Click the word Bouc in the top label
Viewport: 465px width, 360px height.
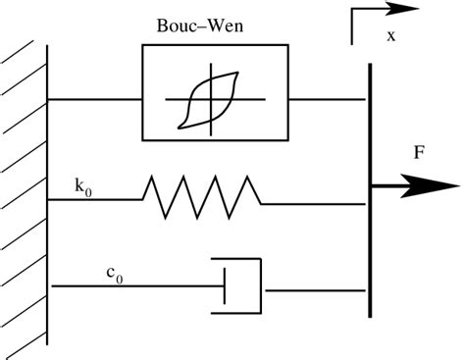click(x=175, y=23)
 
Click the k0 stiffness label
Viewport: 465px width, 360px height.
click(x=81, y=184)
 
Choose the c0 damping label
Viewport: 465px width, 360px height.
click(x=114, y=276)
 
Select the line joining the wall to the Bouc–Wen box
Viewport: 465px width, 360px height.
click(x=94, y=99)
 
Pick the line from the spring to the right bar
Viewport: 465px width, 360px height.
click(x=314, y=204)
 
